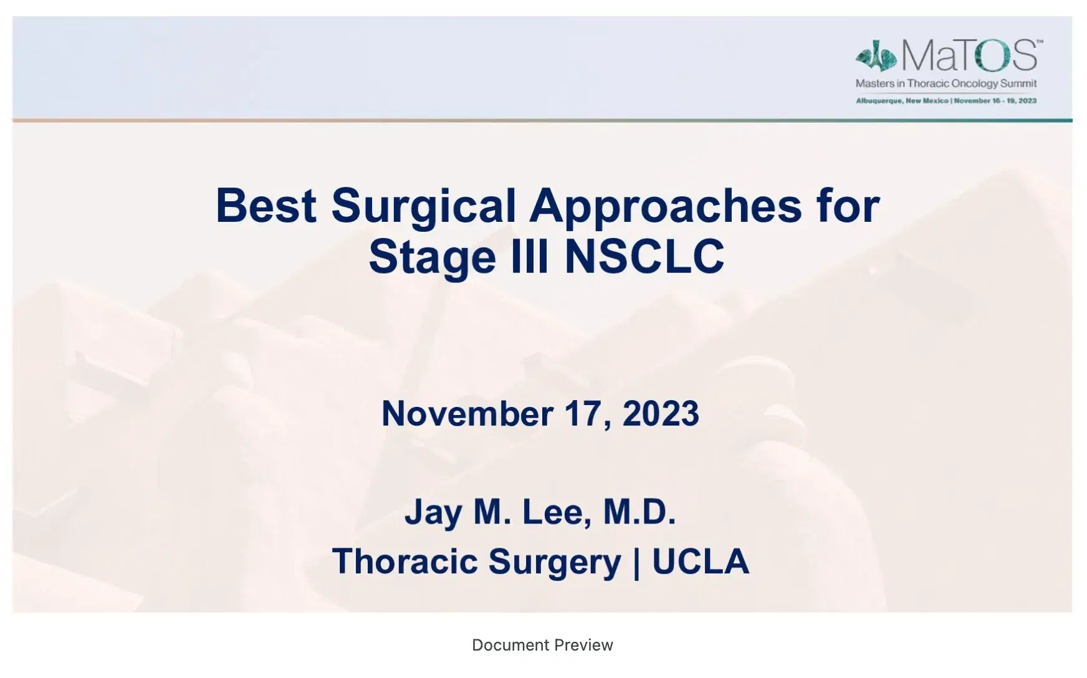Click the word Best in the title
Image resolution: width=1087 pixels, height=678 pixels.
[266, 206]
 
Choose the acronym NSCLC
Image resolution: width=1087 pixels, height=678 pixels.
[644, 256]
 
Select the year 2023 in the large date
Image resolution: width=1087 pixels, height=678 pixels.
[661, 413]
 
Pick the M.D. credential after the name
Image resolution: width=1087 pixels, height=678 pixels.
[639, 512]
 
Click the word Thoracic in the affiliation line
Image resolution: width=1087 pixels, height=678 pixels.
[405, 561]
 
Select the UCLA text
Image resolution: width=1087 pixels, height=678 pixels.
[700, 561]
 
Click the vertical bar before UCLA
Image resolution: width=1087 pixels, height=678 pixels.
[636, 562]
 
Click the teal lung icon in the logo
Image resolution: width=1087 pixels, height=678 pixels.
[876, 57]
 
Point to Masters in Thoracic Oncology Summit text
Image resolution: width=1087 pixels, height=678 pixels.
[946, 84]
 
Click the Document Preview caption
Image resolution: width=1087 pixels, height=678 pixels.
[542, 645]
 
